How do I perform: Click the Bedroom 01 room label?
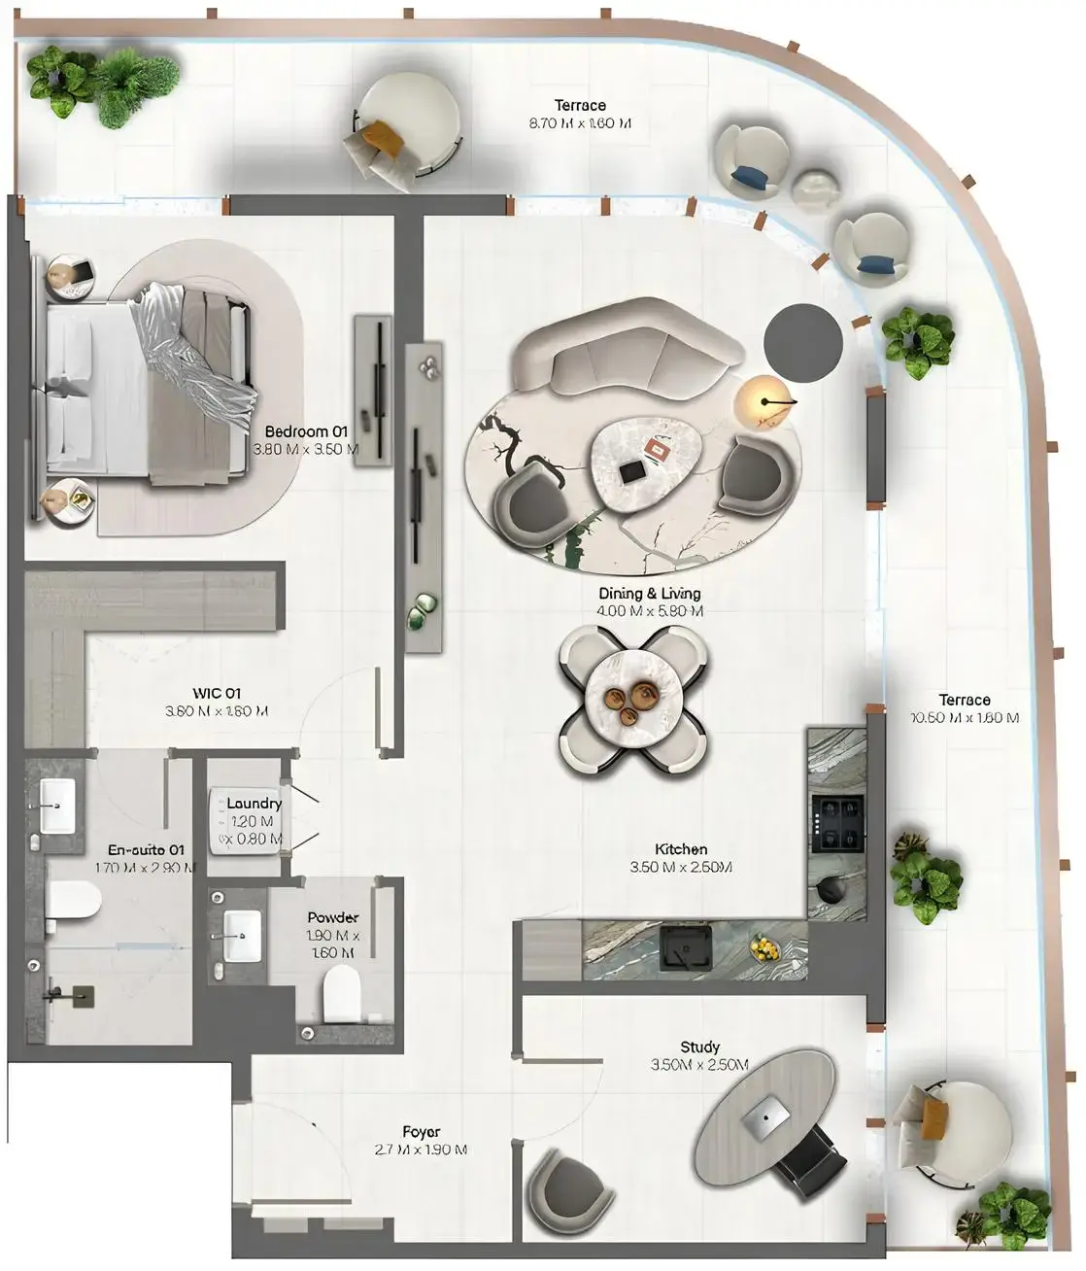pyautogui.click(x=305, y=431)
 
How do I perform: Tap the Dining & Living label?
pyautogui.click(x=650, y=593)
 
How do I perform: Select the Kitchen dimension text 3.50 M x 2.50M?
pyautogui.click(x=680, y=868)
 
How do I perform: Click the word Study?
pyautogui.click(x=699, y=1047)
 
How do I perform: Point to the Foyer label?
pyautogui.click(x=422, y=1132)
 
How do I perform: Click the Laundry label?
pyautogui.click(x=254, y=804)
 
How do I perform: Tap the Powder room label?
pyautogui.click(x=333, y=917)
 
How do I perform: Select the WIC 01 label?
pyautogui.click(x=217, y=693)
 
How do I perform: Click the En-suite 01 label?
pyautogui.click(x=146, y=849)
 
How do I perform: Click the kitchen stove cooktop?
pyautogui.click(x=837, y=821)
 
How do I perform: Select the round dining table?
pyautogui.click(x=631, y=694)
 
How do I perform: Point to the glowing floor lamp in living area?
pyautogui.click(x=763, y=400)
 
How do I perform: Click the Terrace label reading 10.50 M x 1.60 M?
pyautogui.click(x=964, y=709)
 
